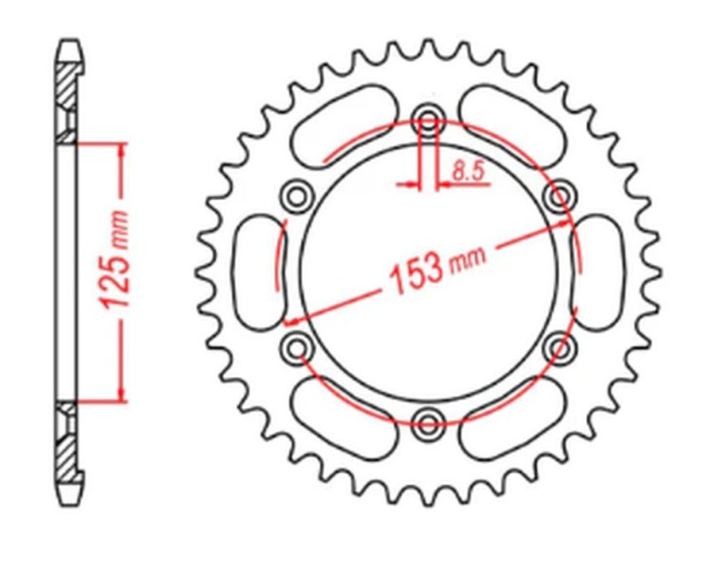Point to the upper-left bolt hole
click(x=296, y=194)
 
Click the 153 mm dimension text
click(x=432, y=269)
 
